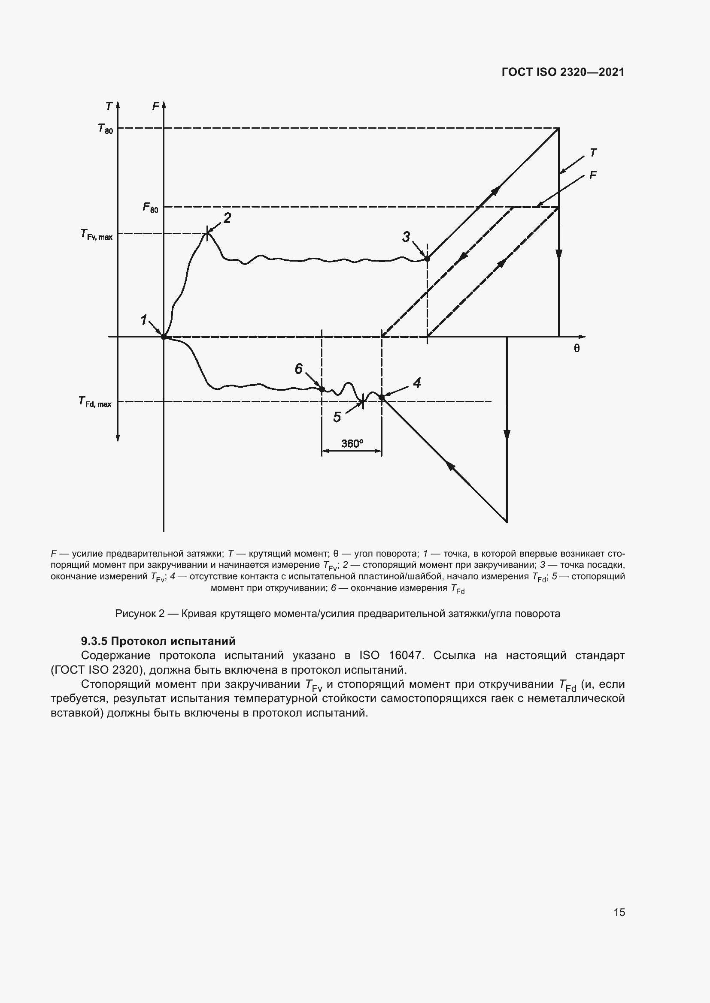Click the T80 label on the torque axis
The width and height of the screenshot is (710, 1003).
(x=105, y=129)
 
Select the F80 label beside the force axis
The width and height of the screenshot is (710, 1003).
(x=150, y=208)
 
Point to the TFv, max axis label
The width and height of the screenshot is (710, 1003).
(x=96, y=235)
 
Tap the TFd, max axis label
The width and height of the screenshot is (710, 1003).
(x=95, y=402)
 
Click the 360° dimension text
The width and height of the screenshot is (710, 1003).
(x=352, y=444)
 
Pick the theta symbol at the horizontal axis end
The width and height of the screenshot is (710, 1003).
(x=576, y=348)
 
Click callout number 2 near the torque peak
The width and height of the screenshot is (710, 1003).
(x=228, y=218)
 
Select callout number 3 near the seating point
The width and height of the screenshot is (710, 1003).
(x=406, y=237)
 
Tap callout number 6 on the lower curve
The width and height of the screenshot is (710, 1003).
(x=299, y=369)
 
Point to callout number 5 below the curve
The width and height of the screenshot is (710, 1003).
(x=337, y=417)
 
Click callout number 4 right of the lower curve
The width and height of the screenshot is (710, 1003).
(x=417, y=383)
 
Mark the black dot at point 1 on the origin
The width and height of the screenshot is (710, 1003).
(x=164, y=337)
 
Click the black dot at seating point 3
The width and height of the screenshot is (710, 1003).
(x=427, y=259)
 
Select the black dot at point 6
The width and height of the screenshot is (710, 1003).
(x=322, y=389)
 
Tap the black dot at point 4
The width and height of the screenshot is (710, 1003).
(x=382, y=397)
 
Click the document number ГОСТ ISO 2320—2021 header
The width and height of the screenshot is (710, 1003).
(x=563, y=72)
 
